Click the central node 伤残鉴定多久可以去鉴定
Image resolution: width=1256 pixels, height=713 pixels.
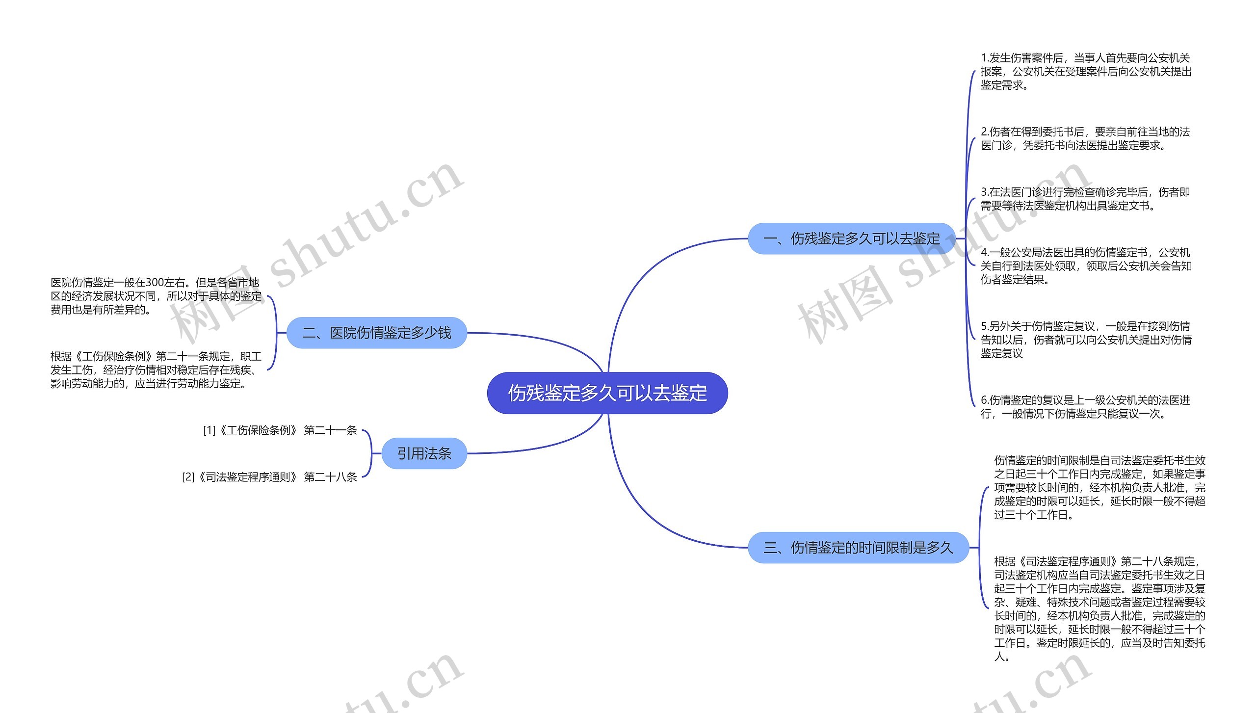coord(607,393)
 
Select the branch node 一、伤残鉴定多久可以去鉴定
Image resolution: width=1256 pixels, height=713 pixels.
coord(851,238)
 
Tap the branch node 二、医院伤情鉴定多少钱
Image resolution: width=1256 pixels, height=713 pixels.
coord(376,333)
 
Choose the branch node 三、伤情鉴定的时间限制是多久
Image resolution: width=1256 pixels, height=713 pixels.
coord(858,547)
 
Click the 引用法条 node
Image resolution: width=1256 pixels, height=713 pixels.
coord(424,453)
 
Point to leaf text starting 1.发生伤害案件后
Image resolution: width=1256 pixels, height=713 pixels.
coord(1085,72)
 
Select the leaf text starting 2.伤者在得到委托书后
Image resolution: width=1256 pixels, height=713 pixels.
coord(1085,138)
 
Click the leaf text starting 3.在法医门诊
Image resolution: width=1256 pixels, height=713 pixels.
coord(1085,199)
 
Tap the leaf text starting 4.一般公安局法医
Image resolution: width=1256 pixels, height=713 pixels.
coord(1085,266)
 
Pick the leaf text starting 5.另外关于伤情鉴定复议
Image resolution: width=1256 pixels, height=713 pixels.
coord(1085,340)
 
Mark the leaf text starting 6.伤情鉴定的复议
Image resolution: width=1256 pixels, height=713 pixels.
coord(1085,407)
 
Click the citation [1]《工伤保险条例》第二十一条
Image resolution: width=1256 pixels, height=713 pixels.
coord(280,430)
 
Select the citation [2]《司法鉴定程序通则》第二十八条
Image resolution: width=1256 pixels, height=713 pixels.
coord(269,477)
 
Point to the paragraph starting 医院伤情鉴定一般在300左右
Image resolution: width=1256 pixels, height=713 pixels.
coord(156,296)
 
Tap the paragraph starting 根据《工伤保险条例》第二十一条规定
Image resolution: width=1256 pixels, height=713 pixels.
coord(156,370)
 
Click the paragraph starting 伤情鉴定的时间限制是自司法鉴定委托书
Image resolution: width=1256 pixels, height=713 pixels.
coord(1099,487)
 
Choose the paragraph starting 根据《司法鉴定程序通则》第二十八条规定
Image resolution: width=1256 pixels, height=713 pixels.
coord(1099,608)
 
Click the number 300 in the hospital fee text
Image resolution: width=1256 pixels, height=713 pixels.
coord(155,283)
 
